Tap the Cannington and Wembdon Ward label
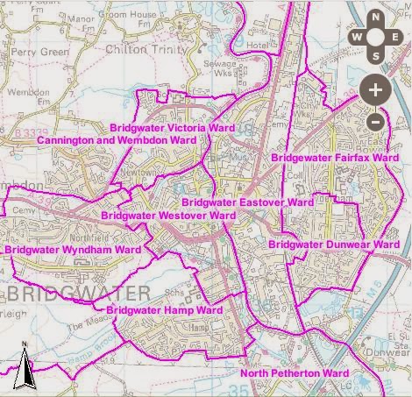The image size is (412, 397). tap(116, 140)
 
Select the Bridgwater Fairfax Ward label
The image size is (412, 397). tap(335, 158)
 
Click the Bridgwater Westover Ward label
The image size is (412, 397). tap(168, 215)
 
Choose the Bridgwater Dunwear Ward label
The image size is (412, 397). tap(333, 244)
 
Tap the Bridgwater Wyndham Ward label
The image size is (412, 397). tap(72, 250)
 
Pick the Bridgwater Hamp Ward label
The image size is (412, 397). tap(164, 310)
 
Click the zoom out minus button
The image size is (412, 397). tap(374, 122)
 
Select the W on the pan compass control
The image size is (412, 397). tap(356, 38)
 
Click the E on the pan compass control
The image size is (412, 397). tap(394, 38)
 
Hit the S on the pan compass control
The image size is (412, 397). tap(374, 57)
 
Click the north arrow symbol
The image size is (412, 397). tap(25, 367)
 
